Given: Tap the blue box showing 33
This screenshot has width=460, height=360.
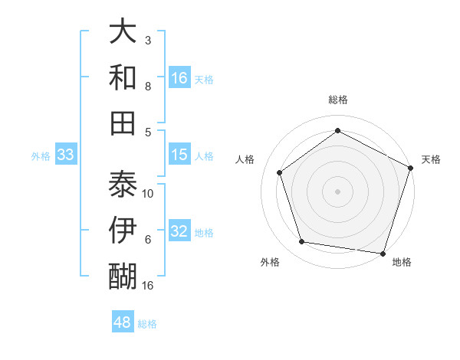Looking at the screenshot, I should tap(66, 155).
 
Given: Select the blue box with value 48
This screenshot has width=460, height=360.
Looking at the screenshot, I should tap(122, 322).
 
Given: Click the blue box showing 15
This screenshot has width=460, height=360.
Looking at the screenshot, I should tap(179, 155).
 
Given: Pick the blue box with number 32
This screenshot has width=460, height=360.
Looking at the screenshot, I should tap(179, 232).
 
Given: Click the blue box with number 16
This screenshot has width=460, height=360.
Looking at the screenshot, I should tap(179, 78).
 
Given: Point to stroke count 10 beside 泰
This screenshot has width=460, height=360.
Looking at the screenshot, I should tap(149, 193).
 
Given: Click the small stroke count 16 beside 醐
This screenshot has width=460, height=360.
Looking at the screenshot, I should tap(149, 286).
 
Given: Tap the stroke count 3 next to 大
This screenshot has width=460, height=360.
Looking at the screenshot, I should tap(148, 40).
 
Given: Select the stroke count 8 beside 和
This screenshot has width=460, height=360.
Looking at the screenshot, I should tap(148, 87).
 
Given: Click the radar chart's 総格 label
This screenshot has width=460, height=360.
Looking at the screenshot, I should tap(337, 100).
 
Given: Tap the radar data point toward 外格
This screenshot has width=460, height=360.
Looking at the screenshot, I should tap(302, 242).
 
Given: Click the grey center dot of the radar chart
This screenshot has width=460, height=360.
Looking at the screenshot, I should tap(337, 191).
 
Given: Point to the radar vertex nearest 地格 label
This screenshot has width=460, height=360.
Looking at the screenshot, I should tap(383, 253).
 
